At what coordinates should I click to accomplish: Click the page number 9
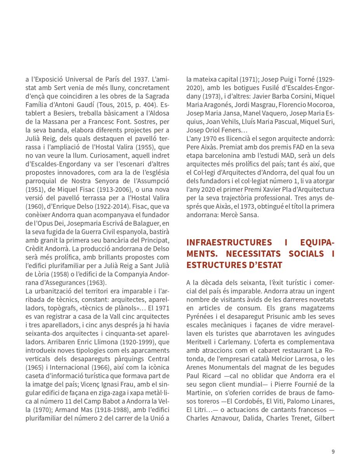tap(333, 451)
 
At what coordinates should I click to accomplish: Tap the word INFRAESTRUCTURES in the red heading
tap(229, 243)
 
